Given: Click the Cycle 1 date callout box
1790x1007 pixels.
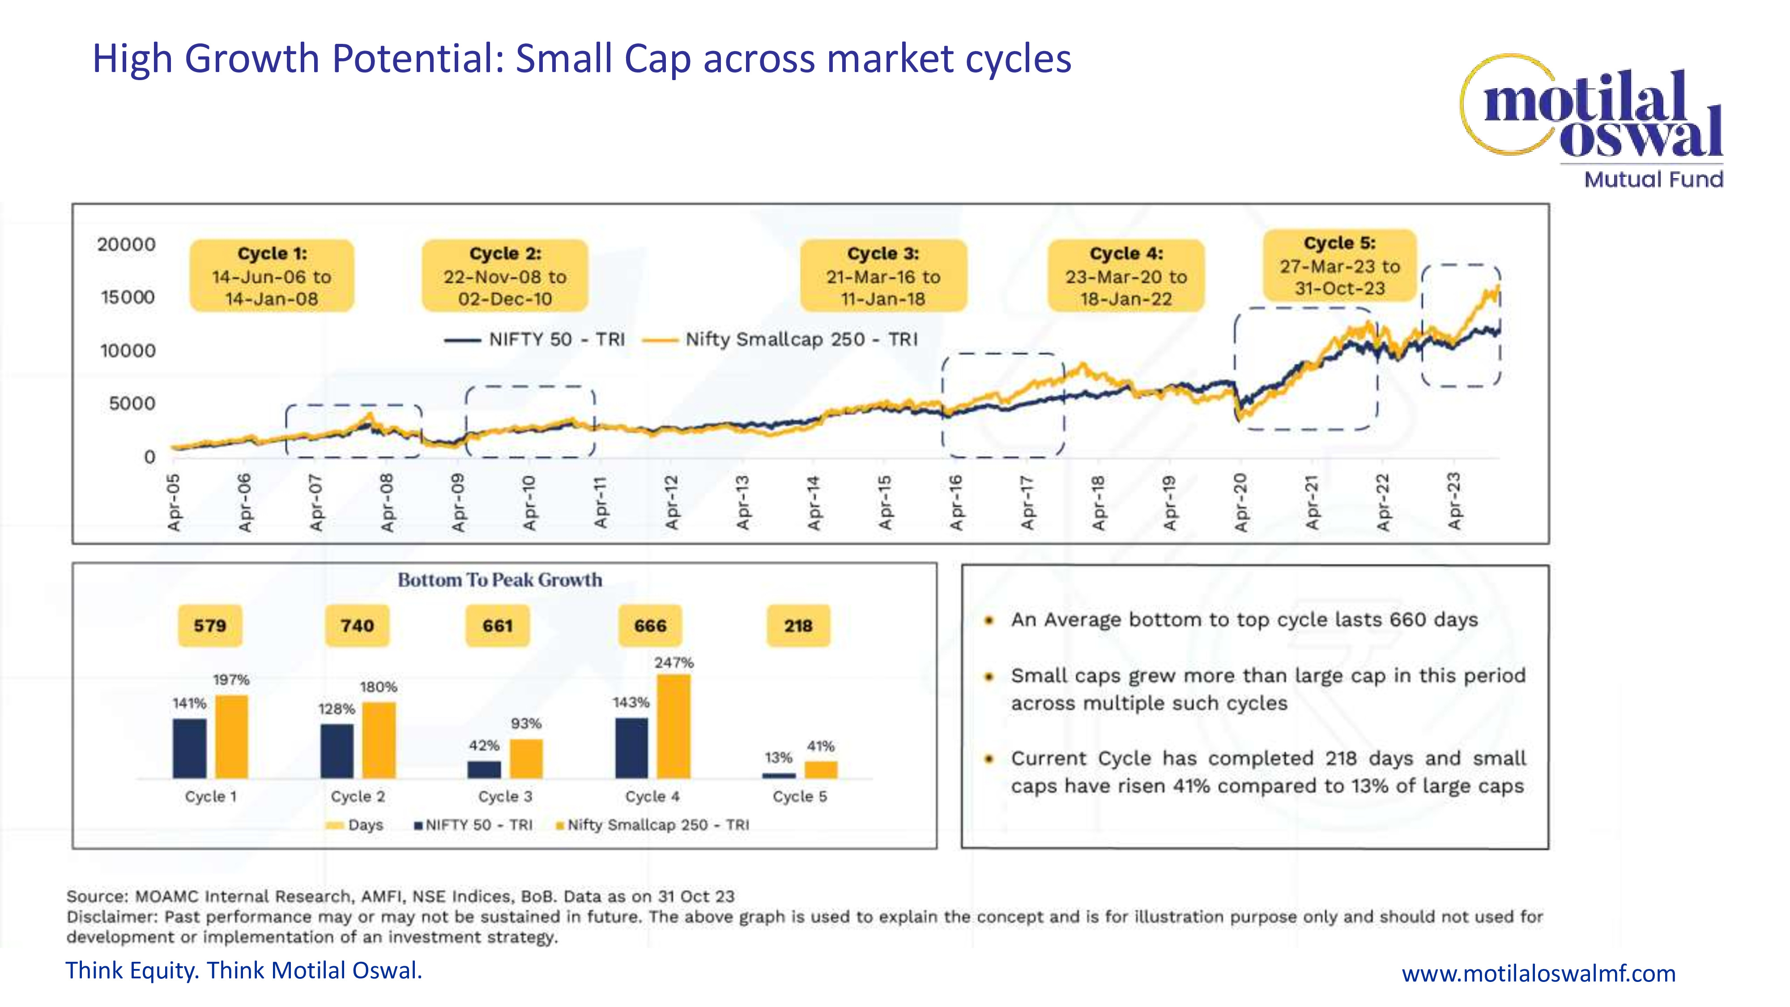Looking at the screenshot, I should point(272,276).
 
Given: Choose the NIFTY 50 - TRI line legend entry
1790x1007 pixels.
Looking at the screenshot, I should point(535,340).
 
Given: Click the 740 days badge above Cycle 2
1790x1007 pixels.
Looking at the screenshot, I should point(357,626).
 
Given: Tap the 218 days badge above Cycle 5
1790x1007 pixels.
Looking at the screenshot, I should point(798,626).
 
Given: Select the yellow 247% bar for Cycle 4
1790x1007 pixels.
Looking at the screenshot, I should point(673,726).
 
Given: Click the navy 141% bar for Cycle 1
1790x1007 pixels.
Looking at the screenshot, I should point(190,748).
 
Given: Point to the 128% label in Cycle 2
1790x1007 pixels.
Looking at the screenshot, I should point(337,709).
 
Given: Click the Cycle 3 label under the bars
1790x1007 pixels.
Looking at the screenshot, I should point(505,797).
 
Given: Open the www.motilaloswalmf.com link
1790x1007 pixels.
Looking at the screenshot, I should point(1539,973).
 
